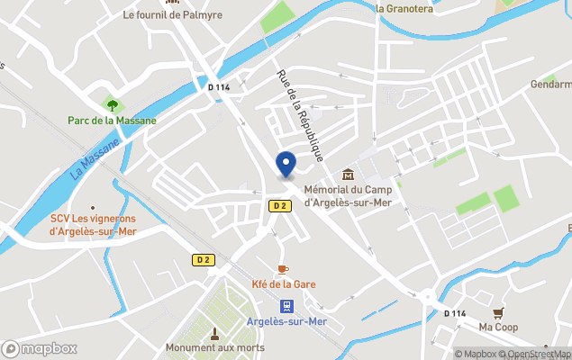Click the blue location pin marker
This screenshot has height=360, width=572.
click(286, 165)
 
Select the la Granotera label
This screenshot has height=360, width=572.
click(404, 8)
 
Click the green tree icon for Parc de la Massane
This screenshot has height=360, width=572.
click(112, 104)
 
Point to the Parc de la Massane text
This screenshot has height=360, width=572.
click(112, 120)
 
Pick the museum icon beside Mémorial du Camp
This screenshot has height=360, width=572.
click(348, 175)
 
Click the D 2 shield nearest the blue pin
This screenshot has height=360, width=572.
click(279, 206)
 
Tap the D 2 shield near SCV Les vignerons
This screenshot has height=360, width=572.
click(204, 260)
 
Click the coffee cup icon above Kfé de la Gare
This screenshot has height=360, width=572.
click(283, 269)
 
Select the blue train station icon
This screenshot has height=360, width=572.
click(286, 306)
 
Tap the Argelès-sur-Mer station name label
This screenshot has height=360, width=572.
click(286, 322)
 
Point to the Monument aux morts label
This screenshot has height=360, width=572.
click(214, 347)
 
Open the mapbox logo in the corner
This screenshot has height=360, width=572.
click(40, 348)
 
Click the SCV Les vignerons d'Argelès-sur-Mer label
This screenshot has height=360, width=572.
click(93, 224)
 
